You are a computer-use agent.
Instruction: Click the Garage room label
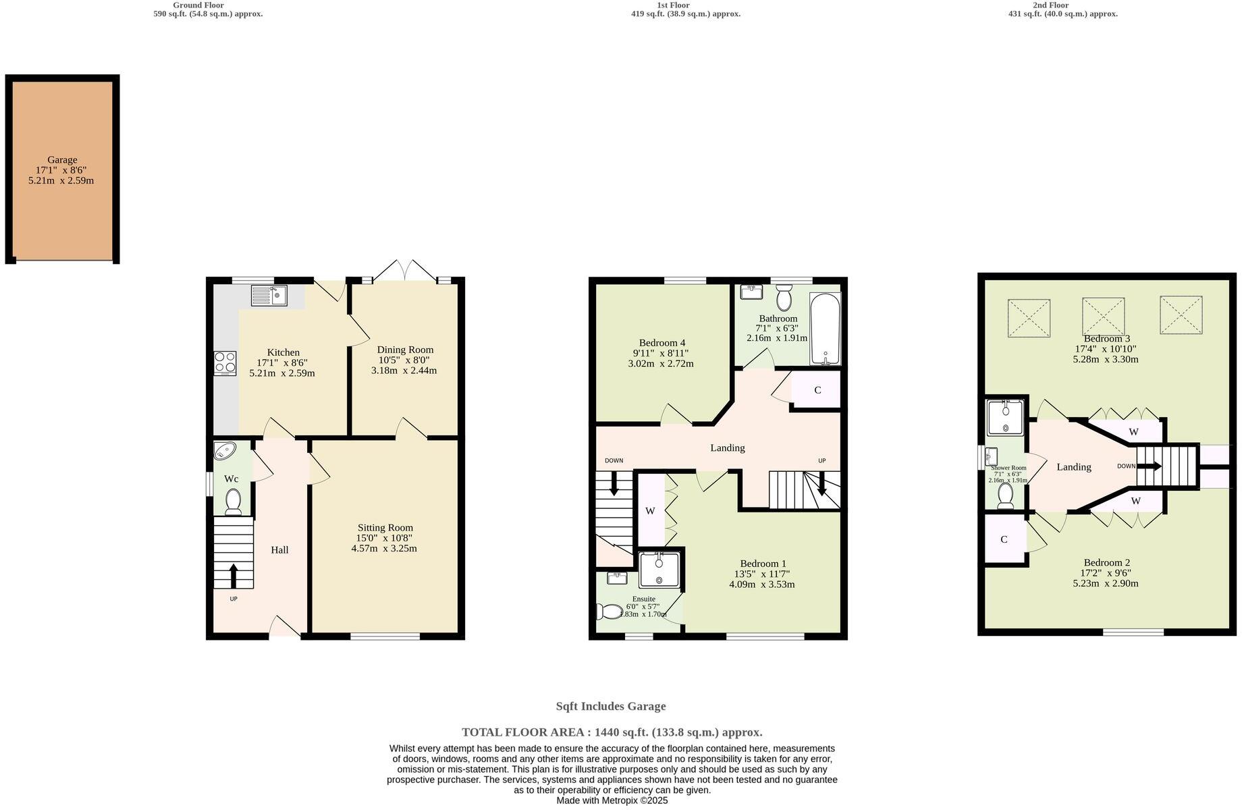[62, 160]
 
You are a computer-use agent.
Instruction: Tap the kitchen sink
[269, 296]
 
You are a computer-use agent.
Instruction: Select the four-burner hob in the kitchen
[225, 363]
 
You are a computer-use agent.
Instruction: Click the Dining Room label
[405, 350]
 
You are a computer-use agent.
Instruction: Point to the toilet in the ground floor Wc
[234, 502]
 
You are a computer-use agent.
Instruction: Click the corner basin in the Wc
[223, 450]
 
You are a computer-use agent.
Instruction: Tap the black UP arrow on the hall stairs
[234, 575]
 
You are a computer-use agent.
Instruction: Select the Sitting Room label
[385, 528]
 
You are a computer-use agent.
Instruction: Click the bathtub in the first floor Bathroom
[825, 329]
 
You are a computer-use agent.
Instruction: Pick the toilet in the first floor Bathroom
[784, 297]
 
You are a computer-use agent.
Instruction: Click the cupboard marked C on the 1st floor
[817, 390]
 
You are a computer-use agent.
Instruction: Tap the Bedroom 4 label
[662, 343]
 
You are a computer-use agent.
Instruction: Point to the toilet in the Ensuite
[610, 612]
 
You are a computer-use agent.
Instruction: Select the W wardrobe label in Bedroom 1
[650, 511]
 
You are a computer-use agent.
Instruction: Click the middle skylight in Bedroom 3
[1103, 316]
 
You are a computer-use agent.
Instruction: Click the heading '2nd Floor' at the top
[1051, 5]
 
